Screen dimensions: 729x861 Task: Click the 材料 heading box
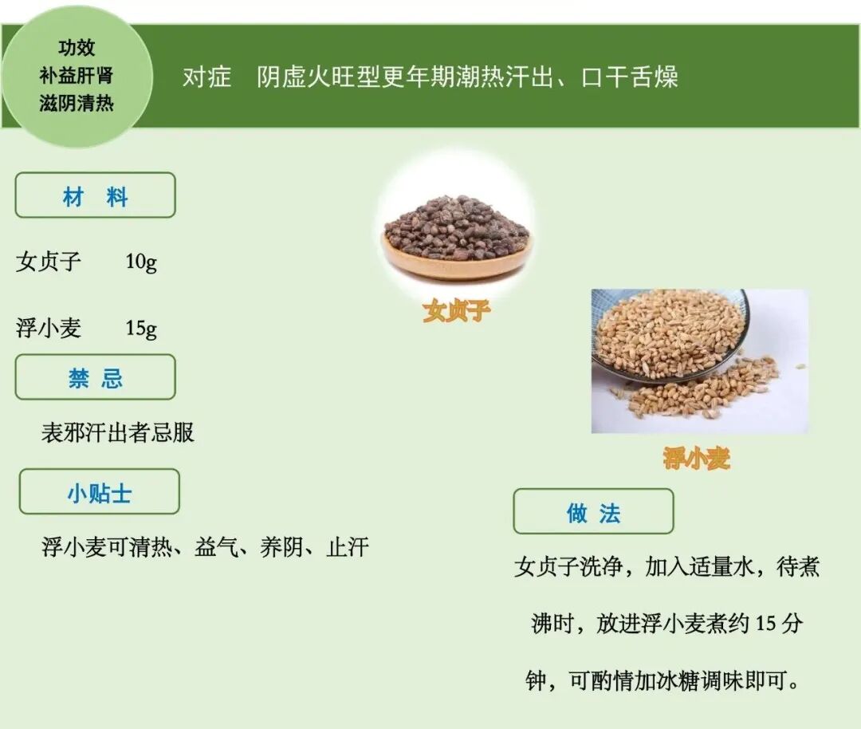(x=95, y=195)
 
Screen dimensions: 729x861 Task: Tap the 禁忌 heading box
(x=95, y=377)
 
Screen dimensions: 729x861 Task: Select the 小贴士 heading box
(x=99, y=492)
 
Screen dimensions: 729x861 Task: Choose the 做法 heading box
(x=593, y=512)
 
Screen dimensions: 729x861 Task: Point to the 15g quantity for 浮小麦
(x=141, y=328)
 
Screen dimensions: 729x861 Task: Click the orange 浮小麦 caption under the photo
(x=696, y=458)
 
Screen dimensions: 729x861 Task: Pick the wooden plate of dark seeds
(x=456, y=239)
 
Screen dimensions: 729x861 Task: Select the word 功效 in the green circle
(x=77, y=48)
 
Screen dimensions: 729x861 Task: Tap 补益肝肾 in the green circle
(x=77, y=76)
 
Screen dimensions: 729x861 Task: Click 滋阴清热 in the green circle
(x=77, y=104)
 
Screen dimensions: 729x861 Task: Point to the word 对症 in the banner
(x=206, y=77)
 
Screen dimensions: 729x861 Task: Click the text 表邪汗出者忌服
(x=118, y=433)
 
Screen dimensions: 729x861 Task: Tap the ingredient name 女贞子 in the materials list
(x=49, y=262)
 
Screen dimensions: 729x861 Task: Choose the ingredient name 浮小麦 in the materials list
(x=49, y=328)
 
